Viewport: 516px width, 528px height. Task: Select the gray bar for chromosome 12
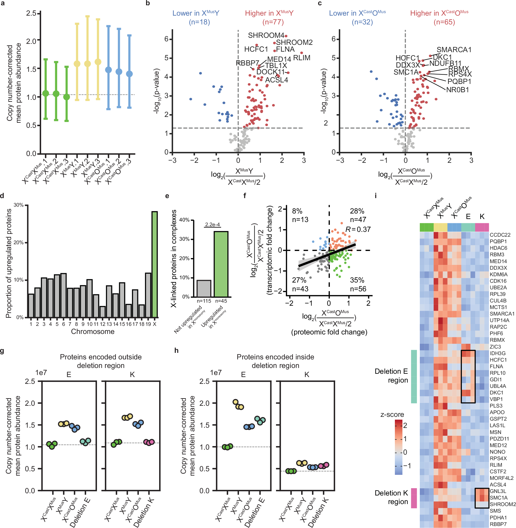[x=102, y=312]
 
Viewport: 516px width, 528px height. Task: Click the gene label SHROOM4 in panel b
[x=266, y=35]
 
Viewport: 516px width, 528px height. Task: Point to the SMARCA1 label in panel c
[x=454, y=50]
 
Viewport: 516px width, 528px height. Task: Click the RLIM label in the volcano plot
[x=302, y=58]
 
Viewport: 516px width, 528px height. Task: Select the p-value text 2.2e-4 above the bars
[x=213, y=225]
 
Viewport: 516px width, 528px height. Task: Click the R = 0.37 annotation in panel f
[x=358, y=229]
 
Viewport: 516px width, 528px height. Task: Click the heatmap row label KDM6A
[x=498, y=274]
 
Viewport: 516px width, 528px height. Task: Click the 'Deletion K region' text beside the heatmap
[x=391, y=497]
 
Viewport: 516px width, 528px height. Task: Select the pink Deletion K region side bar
[x=414, y=498]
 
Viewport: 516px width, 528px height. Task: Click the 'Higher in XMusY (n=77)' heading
[x=269, y=17]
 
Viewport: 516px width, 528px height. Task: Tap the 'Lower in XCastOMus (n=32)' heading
[x=357, y=17]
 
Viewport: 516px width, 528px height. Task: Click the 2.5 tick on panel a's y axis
[x=31, y=13]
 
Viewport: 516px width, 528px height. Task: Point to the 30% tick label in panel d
[x=19, y=205]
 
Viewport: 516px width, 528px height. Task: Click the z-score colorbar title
[x=392, y=414]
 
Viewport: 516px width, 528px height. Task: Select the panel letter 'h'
[x=177, y=351]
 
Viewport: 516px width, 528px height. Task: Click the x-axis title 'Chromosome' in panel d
[x=93, y=331]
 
